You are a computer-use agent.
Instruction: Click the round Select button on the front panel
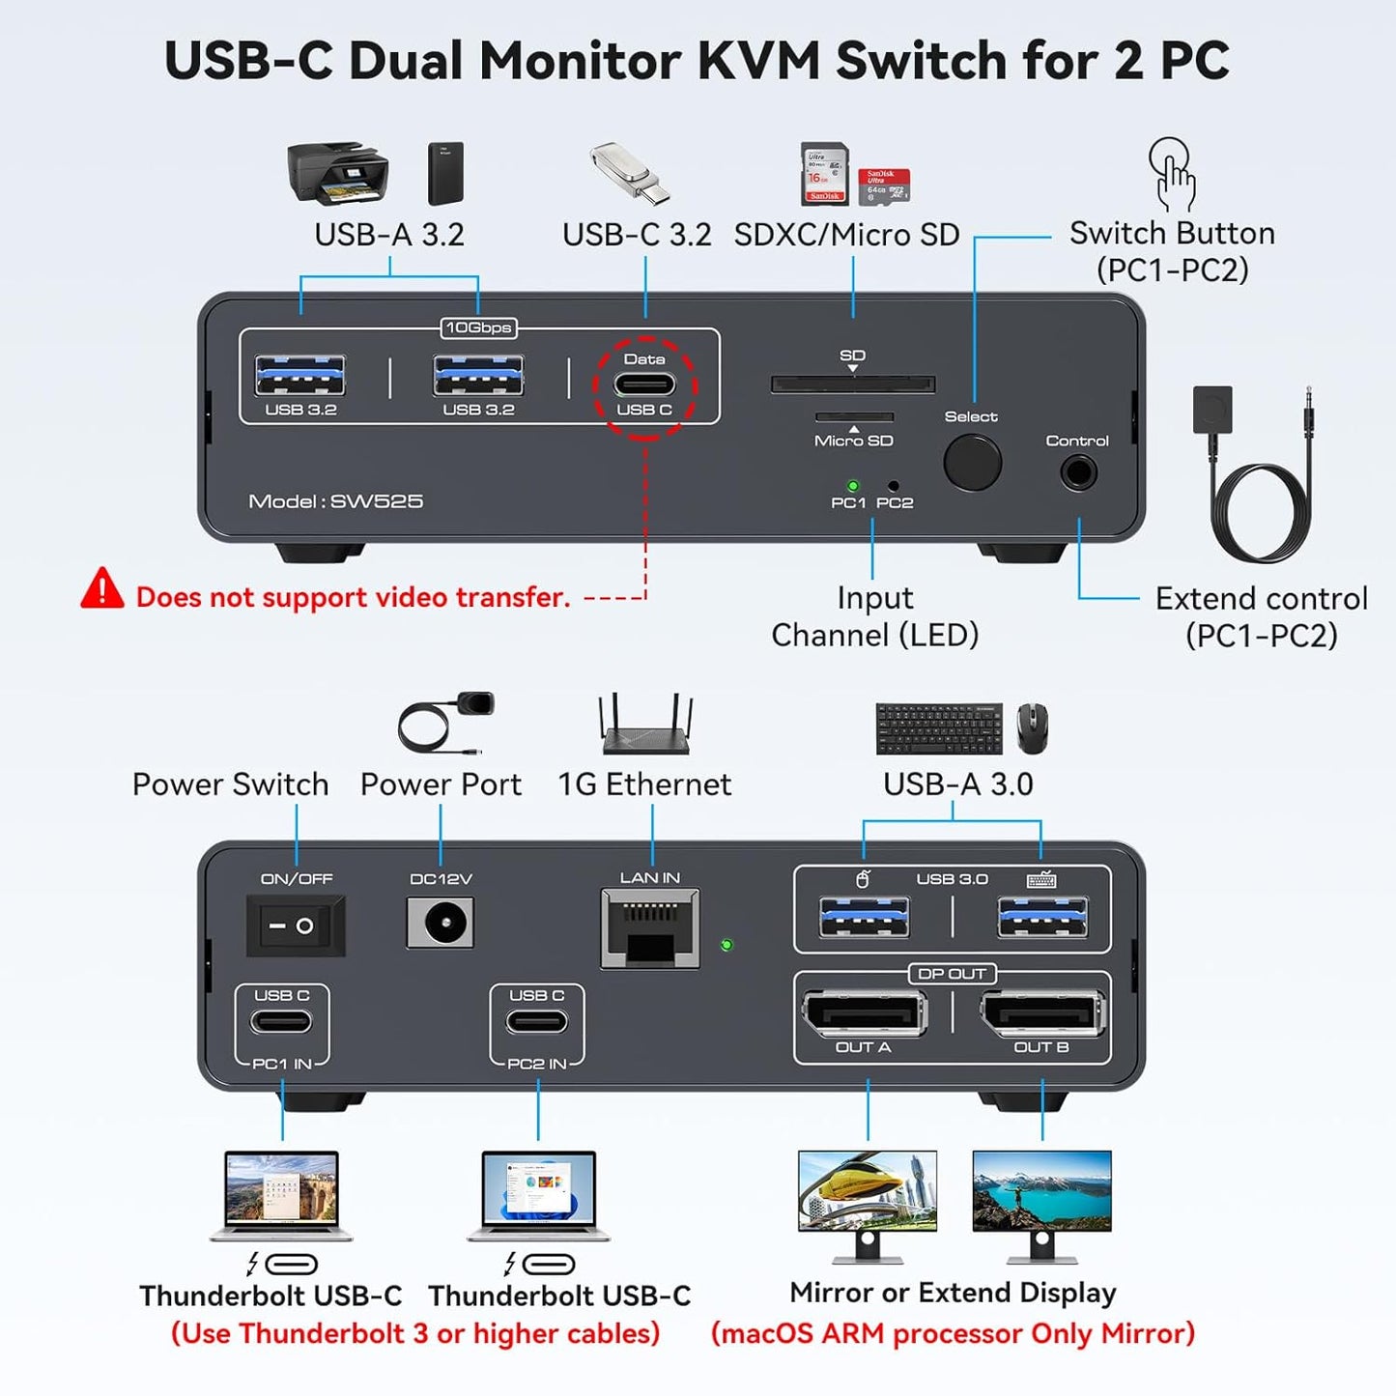[972, 463]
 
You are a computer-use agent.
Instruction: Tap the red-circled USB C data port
[644, 385]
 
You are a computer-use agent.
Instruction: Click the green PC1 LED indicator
[852, 486]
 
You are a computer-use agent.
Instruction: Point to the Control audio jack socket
[1078, 473]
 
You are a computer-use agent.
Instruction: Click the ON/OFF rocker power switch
[295, 926]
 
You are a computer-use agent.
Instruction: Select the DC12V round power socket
[441, 924]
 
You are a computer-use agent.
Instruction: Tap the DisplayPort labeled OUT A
[864, 1014]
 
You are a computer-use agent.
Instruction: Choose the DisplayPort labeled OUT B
[1041, 1014]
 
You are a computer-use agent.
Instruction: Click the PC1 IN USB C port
[282, 1021]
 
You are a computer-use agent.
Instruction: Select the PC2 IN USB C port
[537, 1021]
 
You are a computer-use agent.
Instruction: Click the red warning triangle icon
[102, 589]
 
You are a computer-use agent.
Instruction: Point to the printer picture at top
[337, 173]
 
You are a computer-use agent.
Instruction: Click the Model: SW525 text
[336, 501]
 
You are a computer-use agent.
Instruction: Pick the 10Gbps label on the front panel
[478, 328]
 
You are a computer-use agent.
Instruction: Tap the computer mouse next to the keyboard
[1032, 728]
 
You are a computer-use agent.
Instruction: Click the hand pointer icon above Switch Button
[1172, 174]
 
